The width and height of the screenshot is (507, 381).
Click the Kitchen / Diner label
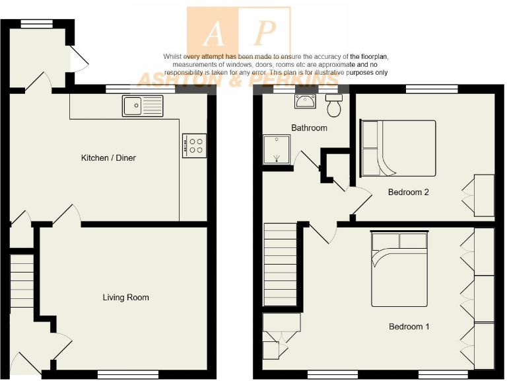click(108, 158)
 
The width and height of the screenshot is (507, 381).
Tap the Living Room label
click(125, 298)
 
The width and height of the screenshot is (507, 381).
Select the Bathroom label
click(309, 128)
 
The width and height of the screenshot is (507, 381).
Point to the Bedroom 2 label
click(409, 192)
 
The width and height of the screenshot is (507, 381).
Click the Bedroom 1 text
click(409, 327)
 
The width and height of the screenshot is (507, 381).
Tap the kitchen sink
click(142, 105)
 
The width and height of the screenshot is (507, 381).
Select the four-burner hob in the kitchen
click(194, 146)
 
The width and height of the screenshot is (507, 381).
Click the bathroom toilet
click(335, 104)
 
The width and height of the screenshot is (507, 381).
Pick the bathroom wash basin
click(307, 101)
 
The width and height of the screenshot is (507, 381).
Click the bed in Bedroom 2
click(397, 148)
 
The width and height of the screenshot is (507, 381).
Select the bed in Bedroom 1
click(399, 269)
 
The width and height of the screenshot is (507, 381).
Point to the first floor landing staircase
click(280, 265)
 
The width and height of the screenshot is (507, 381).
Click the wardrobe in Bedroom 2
click(483, 196)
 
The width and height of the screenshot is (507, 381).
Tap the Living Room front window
click(121, 374)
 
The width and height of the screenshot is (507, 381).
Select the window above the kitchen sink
click(127, 88)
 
